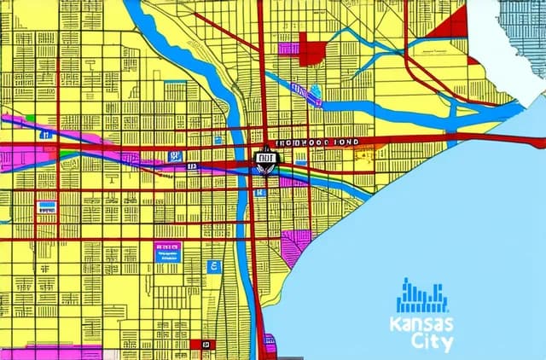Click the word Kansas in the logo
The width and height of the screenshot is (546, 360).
pyautogui.click(x=421, y=324)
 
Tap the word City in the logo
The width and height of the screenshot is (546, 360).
pyautogui.click(x=433, y=342)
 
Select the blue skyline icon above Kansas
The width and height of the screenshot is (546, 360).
pyautogui.click(x=422, y=296)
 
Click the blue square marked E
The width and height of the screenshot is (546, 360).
pyautogui.click(x=213, y=267)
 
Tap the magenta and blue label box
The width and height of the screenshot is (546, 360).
pyautogui.click(x=167, y=250)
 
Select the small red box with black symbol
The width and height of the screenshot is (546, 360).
pyautogui.click(x=206, y=344)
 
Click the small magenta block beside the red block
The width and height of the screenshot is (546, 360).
pyautogui.click(x=288, y=49)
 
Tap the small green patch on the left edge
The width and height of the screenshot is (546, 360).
pyautogui.click(x=29, y=119)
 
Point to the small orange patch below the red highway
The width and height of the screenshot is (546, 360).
pyautogui.click(x=365, y=154)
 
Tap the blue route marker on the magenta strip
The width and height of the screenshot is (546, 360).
pyautogui.click(x=176, y=156)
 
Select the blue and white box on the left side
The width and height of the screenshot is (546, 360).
pyautogui.click(x=47, y=206)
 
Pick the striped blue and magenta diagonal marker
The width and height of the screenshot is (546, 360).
pyautogui.click(x=298, y=89)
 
